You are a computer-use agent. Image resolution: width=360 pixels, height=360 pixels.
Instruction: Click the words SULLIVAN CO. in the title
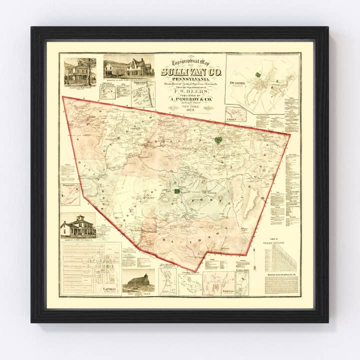(185, 72)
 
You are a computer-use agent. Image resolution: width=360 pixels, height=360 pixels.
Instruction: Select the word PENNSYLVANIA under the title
(185, 79)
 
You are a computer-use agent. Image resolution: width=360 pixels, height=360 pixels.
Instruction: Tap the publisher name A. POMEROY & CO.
(185, 99)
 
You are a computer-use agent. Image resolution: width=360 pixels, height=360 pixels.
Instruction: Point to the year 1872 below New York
(185, 109)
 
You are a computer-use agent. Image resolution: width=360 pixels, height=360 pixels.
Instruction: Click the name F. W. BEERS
(185, 92)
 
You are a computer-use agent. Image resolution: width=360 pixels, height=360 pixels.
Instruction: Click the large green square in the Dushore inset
(258, 74)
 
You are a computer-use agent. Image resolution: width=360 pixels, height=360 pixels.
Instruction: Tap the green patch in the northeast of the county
(217, 140)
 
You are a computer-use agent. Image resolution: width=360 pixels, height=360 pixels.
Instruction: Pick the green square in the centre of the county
(177, 190)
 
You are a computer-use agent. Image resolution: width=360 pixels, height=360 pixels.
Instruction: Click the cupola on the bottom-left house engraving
(78, 218)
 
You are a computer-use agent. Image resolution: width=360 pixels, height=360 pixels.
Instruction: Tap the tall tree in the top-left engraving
(90, 69)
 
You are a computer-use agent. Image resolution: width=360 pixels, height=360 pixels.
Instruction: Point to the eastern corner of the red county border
(289, 134)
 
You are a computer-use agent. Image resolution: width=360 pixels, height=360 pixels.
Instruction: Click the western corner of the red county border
(62, 97)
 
